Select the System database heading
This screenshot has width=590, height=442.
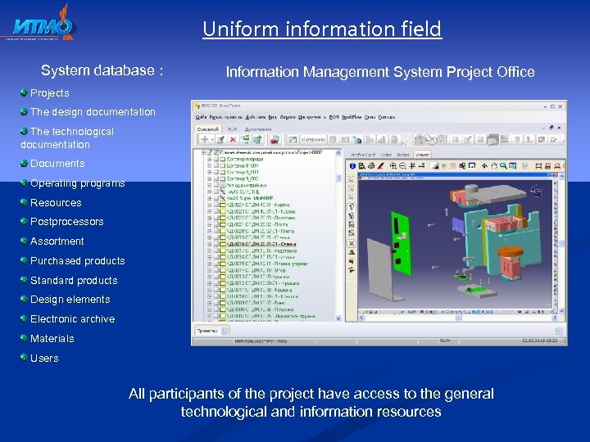click(x=102, y=71)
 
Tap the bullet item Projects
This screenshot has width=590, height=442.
click(x=49, y=93)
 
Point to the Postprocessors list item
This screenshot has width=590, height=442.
click(x=66, y=222)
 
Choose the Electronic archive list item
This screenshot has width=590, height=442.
click(x=72, y=319)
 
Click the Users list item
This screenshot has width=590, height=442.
click(x=44, y=359)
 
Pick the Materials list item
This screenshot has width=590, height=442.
click(x=52, y=339)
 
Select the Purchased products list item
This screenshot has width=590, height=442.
click(x=77, y=261)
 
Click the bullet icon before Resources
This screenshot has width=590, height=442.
click(x=25, y=202)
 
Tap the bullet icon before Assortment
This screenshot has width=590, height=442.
click(x=25, y=241)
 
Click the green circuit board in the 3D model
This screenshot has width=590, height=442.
click(x=401, y=230)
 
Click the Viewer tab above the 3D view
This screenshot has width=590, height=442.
click(x=423, y=153)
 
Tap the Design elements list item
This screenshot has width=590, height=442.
click(x=70, y=300)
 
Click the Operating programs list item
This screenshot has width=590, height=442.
click(x=77, y=183)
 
